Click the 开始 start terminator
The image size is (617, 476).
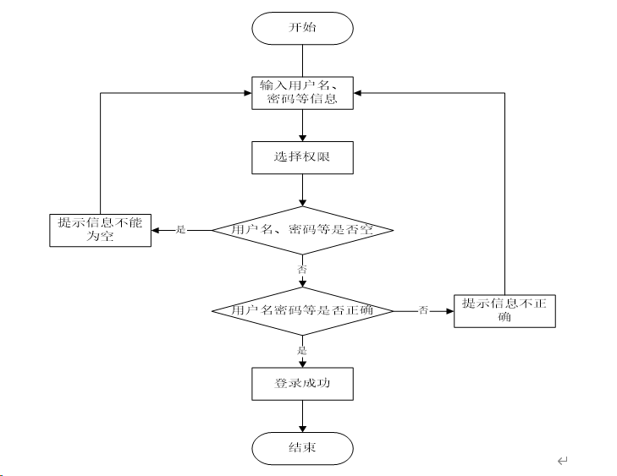tap(302, 28)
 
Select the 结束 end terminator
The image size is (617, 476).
tap(302, 448)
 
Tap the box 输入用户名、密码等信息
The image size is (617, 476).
tap(302, 93)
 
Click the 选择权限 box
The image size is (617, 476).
tap(302, 157)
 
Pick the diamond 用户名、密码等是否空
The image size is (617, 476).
tap(302, 230)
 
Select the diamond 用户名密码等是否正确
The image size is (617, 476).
tap(302, 311)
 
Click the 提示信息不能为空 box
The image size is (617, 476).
tap(100, 230)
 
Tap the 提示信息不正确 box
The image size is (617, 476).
tap(504, 311)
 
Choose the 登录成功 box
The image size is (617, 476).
tap(302, 384)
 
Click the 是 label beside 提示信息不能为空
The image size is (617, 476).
tap(180, 230)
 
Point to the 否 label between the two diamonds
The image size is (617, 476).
tap(302, 270)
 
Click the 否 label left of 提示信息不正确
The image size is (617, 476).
tap(423, 310)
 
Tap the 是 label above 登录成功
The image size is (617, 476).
tap(302, 350)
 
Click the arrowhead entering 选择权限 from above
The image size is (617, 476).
tap(302, 138)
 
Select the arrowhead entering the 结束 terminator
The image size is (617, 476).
tap(302, 429)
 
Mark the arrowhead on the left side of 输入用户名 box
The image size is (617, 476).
tap(248, 93)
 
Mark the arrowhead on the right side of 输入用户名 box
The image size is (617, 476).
tap(357, 93)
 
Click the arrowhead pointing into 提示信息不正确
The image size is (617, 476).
tap(450, 311)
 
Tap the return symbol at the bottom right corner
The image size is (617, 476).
tap(563, 460)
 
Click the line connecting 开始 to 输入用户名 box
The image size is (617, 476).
tap(302, 61)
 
